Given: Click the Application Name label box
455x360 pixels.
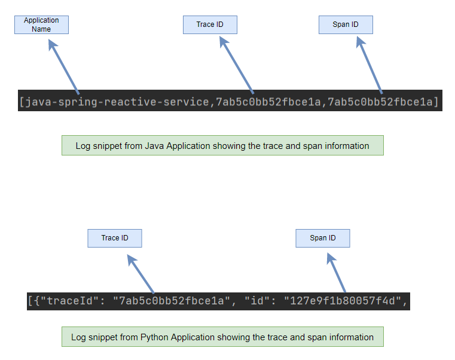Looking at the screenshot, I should pos(41,25).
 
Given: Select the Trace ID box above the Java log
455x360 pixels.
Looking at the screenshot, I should pos(210,25).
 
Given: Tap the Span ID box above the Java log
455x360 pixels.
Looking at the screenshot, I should pos(346,25).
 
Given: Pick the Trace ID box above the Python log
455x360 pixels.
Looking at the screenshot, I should pos(115,238).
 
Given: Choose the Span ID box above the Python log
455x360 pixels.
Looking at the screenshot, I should pos(322,238).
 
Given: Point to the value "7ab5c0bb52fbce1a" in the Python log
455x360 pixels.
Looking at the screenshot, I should pos(173,301).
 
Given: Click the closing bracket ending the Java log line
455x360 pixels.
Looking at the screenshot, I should pos(436,102).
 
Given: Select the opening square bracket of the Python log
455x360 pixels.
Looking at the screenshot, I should pos(31,301).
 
